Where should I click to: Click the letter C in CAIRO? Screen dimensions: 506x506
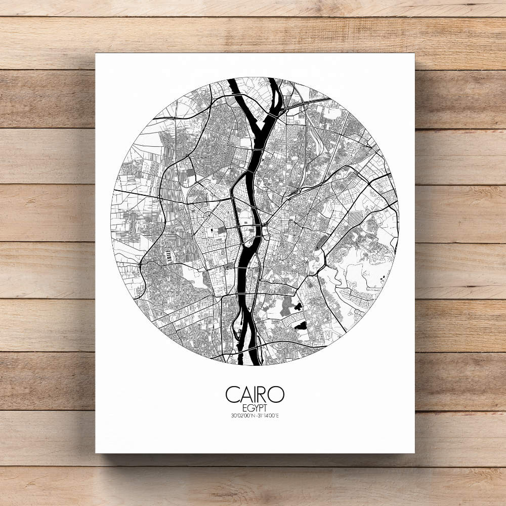point(233,394)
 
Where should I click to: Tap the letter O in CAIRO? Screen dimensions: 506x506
point(276,394)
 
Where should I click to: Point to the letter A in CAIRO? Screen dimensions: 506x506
point(244,394)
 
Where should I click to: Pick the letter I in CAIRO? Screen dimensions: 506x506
point(253,394)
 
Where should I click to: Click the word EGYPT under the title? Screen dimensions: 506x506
point(255,408)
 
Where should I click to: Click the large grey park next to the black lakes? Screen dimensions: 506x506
point(286,306)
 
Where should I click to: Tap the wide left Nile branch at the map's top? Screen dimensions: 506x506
point(241,96)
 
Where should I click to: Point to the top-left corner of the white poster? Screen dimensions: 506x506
point(96,54)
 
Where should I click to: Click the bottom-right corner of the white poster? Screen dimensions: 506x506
point(414,453)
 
